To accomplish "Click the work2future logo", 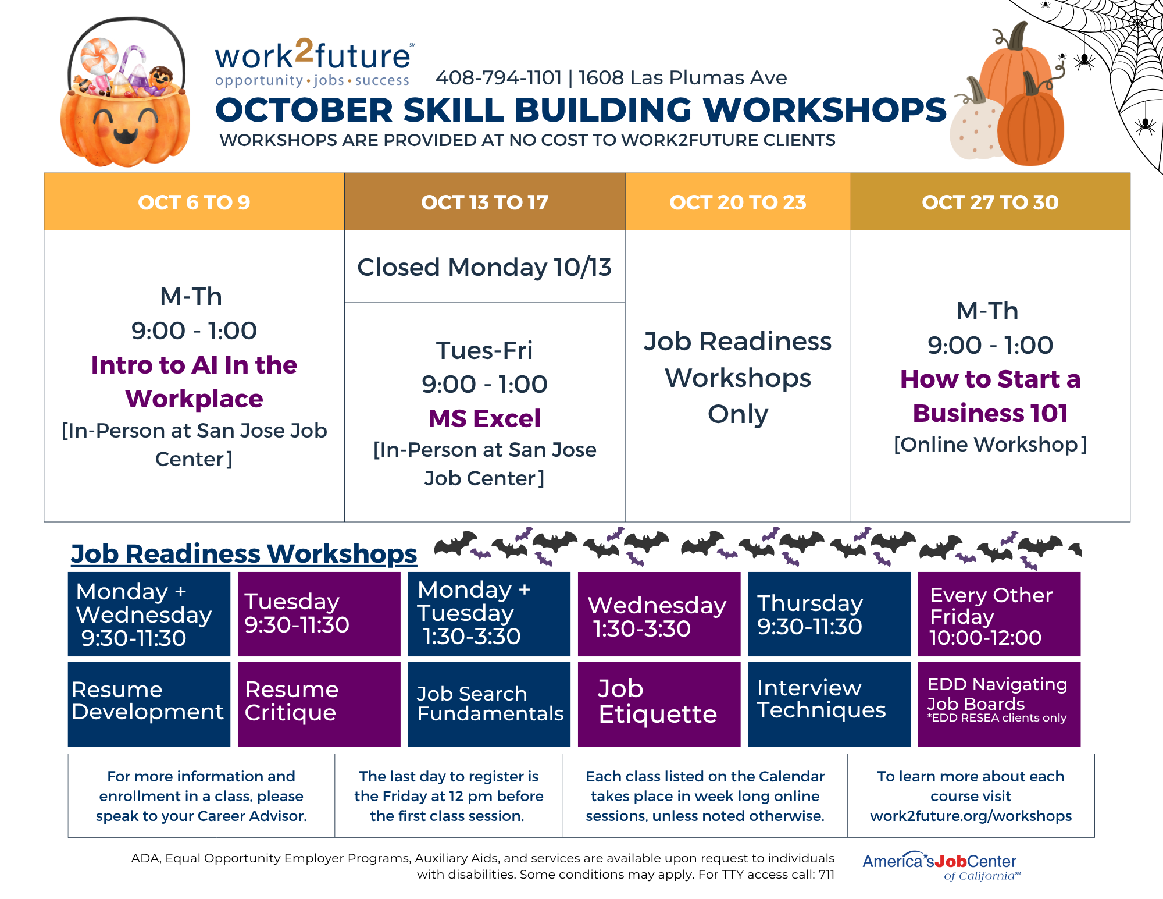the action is (x=315, y=63).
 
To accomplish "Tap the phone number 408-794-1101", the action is (x=499, y=77).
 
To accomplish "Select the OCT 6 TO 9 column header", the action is (x=194, y=202).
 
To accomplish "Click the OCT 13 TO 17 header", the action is (x=485, y=202).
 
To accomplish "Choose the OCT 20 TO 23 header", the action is (x=738, y=202).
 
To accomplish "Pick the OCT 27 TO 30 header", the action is (x=990, y=202).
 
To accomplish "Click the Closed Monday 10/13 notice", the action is (x=484, y=267).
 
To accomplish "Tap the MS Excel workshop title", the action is (x=484, y=418).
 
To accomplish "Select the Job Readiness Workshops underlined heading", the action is (x=244, y=553).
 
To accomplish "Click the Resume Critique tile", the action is (x=319, y=704).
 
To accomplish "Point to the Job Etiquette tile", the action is (x=659, y=704).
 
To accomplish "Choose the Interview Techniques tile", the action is (x=829, y=704).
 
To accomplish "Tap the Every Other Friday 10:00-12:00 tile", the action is (x=999, y=614).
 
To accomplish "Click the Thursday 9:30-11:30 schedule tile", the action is (x=829, y=614).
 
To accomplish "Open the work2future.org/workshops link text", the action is (x=971, y=816).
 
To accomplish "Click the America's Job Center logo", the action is (x=941, y=866).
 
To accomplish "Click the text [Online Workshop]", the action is (x=990, y=445).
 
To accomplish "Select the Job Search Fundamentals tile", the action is (x=489, y=704).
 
